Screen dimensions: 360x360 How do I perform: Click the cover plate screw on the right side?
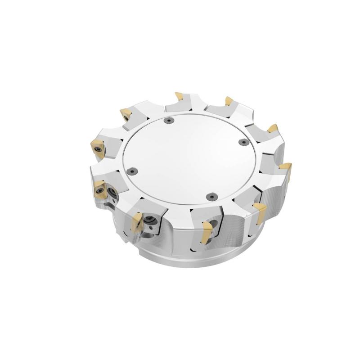coord(243,143)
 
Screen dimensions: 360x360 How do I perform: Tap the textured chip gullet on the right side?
coord(274,198)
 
